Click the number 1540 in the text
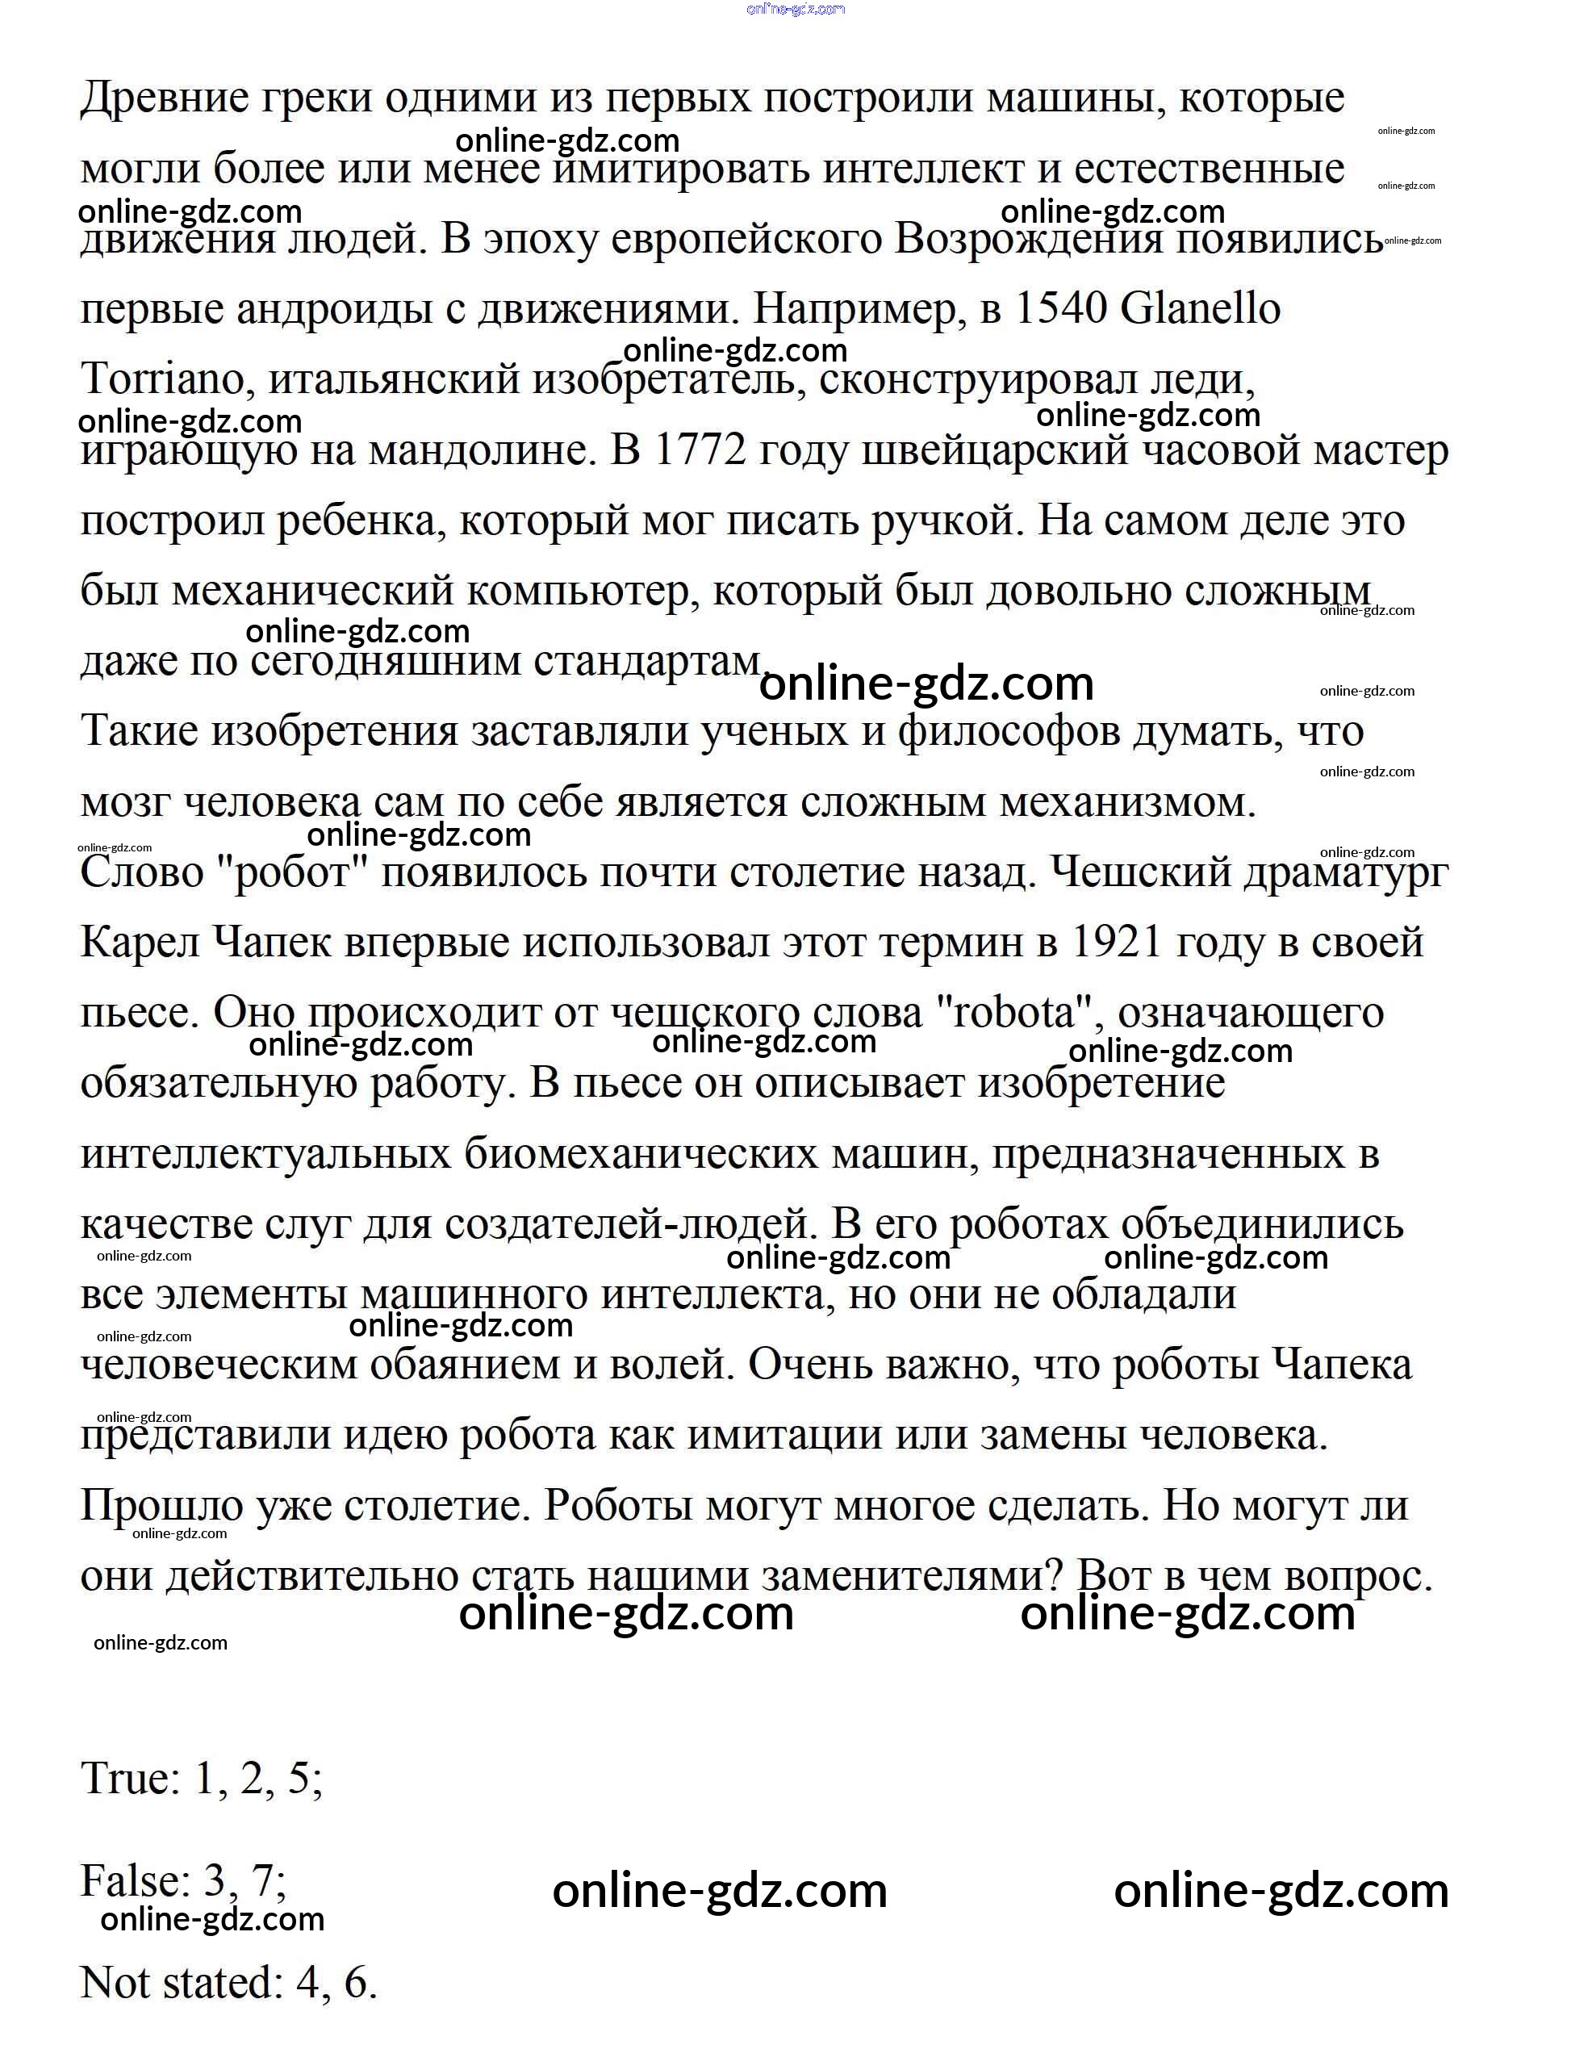point(1060,309)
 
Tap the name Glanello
point(1201,309)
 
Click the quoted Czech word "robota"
point(1022,1013)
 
